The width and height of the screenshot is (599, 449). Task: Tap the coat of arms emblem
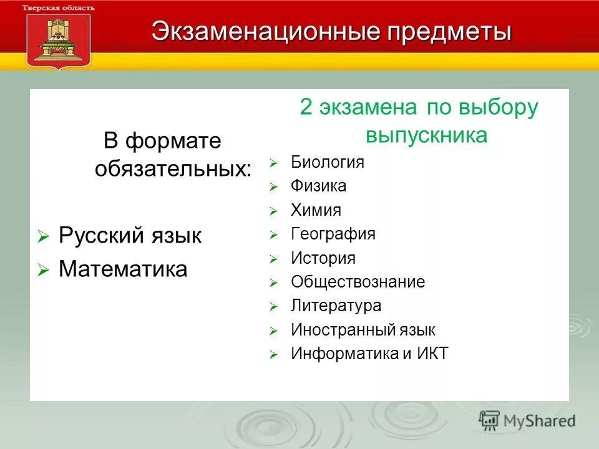pyautogui.click(x=59, y=39)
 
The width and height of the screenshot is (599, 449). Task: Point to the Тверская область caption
pyautogui.click(x=59, y=7)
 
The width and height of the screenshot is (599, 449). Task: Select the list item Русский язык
pyautogui.click(x=130, y=236)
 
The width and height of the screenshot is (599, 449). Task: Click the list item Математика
pyautogui.click(x=123, y=269)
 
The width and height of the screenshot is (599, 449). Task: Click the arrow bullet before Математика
pyautogui.click(x=42, y=270)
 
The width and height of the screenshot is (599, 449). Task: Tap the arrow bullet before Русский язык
pyautogui.click(x=42, y=237)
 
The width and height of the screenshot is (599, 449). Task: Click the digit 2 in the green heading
pyautogui.click(x=306, y=107)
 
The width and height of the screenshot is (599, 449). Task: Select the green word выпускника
pyautogui.click(x=426, y=135)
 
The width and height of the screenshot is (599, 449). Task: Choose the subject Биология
pyautogui.click(x=327, y=162)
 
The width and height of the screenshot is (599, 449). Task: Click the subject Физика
pyautogui.click(x=318, y=186)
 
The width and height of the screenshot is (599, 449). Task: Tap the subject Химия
pyautogui.click(x=316, y=210)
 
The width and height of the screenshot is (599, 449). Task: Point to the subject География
pyautogui.click(x=333, y=234)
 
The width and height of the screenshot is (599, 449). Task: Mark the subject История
pyautogui.click(x=323, y=258)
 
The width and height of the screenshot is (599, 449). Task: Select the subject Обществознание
pyautogui.click(x=358, y=282)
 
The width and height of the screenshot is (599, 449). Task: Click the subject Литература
pyautogui.click(x=336, y=306)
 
